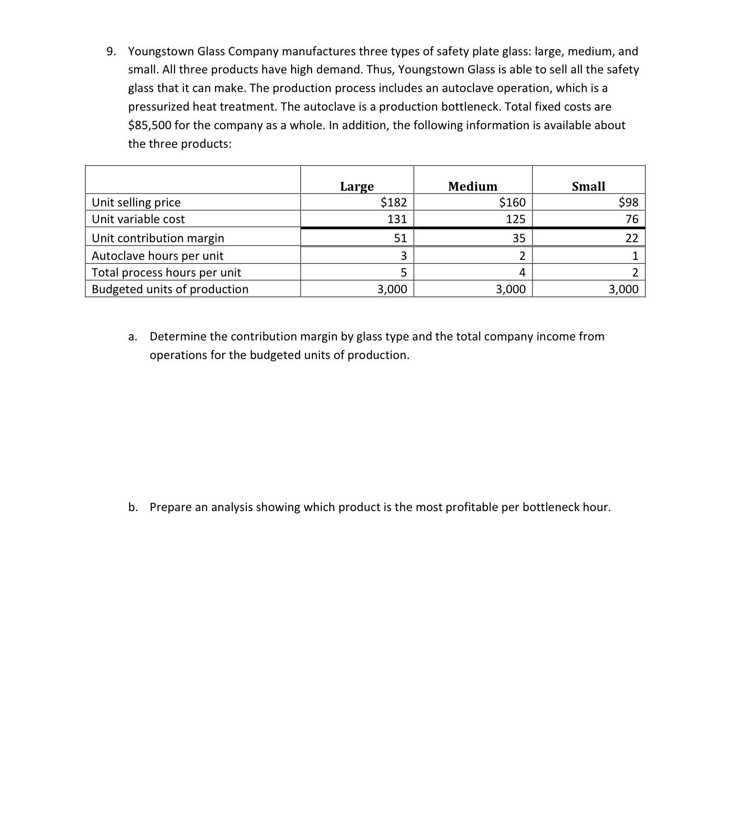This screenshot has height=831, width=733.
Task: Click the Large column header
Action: (x=356, y=186)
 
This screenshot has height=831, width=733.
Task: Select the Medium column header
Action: (x=472, y=186)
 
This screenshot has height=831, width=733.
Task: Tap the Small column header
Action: (x=588, y=186)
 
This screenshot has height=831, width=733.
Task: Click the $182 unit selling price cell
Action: (x=393, y=203)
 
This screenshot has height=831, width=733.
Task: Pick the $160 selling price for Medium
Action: (x=512, y=203)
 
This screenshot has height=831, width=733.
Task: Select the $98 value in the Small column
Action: (x=628, y=203)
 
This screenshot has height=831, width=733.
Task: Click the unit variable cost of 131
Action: (x=397, y=219)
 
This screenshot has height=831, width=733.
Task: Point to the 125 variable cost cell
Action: (x=515, y=219)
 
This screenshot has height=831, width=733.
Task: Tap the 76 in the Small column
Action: (x=632, y=219)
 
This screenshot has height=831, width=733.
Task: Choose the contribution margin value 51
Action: (x=400, y=238)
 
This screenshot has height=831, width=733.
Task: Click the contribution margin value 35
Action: (x=519, y=238)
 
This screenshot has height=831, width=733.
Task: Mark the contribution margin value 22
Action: (x=632, y=238)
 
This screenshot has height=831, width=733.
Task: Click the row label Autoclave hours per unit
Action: (x=157, y=256)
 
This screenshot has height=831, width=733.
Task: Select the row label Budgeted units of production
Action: (x=170, y=289)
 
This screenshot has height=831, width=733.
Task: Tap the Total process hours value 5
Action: (x=403, y=273)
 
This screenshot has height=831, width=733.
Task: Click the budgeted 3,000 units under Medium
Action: (x=511, y=289)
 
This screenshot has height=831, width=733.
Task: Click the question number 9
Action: (x=110, y=51)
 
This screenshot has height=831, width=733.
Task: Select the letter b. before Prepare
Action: (x=133, y=507)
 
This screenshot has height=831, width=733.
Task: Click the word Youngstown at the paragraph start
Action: (x=161, y=51)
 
